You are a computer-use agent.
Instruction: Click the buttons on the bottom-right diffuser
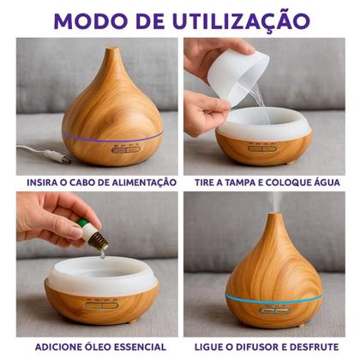click(274, 310)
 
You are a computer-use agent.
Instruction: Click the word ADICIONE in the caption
click(58, 347)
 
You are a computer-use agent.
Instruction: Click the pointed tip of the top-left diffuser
click(111, 53)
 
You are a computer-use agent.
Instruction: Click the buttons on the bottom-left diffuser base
click(101, 304)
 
